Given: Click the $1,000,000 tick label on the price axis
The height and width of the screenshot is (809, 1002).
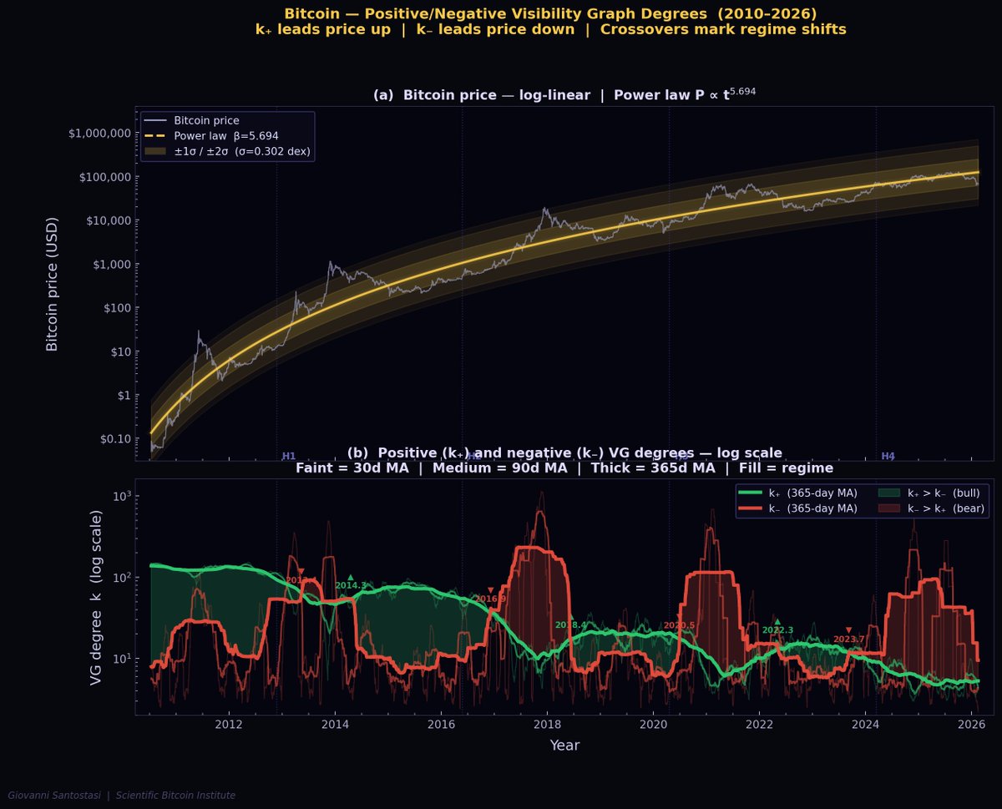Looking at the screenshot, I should click(99, 134).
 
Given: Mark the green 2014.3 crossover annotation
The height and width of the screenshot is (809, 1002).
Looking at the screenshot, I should click(351, 585).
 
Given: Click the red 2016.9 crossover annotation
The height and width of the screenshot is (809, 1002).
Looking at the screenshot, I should click(490, 599).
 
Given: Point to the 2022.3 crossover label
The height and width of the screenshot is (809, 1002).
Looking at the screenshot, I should click(777, 630).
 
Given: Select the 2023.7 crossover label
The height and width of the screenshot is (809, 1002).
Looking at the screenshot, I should click(848, 640).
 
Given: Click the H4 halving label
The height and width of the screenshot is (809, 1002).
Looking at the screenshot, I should click(888, 457).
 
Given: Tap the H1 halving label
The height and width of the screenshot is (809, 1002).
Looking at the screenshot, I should click(289, 457).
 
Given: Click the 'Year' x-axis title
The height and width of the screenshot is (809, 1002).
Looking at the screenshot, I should click(564, 746).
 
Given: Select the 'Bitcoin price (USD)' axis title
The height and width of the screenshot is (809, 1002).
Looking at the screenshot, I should click(53, 283).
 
